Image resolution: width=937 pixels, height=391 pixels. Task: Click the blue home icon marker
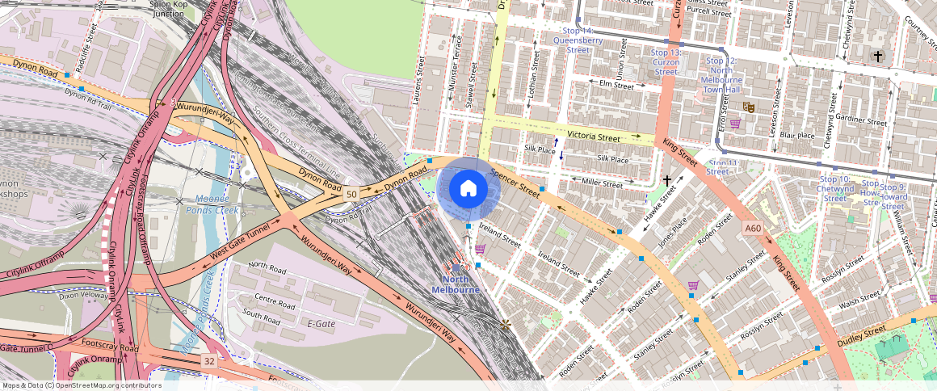(468, 189)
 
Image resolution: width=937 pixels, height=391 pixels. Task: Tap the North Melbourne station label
(456, 284)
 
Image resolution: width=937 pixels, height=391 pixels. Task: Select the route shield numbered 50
(351, 194)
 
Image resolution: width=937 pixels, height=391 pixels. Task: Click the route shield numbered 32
(209, 360)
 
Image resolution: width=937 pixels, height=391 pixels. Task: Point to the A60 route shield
(753, 229)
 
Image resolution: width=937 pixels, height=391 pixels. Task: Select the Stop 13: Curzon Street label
(666, 61)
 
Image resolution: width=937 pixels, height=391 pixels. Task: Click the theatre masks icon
(749, 106)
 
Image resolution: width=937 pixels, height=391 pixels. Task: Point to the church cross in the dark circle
(878, 56)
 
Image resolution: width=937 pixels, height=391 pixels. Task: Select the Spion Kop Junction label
(167, 9)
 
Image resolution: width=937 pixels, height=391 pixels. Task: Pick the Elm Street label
(616, 84)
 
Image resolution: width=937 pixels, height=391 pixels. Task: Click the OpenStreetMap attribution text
(82, 385)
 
